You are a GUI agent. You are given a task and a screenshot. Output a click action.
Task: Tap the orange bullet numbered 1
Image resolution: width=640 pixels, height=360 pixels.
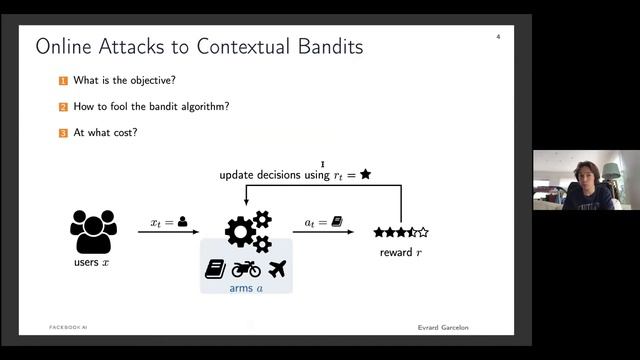62,81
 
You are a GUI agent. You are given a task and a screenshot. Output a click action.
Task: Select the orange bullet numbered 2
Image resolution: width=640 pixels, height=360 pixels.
62,106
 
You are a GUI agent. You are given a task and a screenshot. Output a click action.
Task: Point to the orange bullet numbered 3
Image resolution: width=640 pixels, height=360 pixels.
62,131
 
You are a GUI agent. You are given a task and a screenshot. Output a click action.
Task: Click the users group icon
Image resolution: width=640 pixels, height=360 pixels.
94,231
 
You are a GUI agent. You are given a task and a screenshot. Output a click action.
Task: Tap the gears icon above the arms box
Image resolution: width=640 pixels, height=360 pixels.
247,231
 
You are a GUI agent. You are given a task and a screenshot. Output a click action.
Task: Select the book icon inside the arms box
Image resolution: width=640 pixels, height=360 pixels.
215,268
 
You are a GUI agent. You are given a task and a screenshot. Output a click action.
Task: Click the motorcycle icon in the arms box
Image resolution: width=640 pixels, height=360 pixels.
246,268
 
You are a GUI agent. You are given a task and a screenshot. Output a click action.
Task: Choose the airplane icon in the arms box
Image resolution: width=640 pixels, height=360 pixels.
277,268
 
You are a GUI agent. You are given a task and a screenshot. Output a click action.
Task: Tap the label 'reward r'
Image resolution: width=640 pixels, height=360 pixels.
401,252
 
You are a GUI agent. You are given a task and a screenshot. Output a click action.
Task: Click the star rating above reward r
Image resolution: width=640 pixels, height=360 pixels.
401,232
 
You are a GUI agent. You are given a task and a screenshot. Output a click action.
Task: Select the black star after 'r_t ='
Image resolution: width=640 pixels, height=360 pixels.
365,175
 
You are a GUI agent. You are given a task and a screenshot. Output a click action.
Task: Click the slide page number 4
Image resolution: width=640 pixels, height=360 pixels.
498,38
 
